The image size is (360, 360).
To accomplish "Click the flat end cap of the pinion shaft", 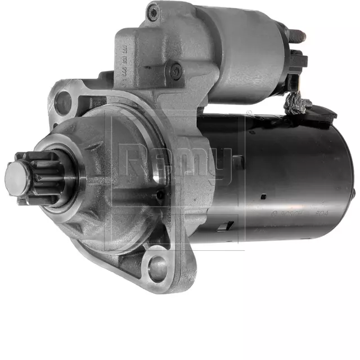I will point(16,177).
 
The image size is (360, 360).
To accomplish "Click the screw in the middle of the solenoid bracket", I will point(175,70).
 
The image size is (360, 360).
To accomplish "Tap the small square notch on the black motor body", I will point(263,196).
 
